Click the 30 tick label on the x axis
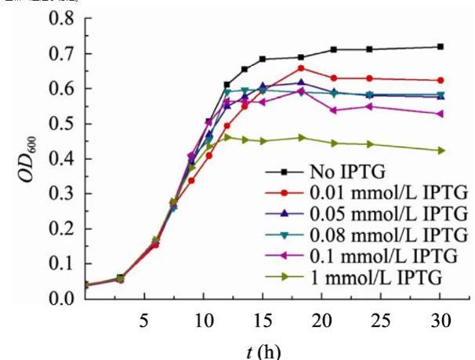(441, 321)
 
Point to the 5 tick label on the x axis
(144, 321)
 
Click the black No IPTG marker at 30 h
(441, 47)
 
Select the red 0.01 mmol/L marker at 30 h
(441, 81)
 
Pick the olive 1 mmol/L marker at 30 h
(441, 151)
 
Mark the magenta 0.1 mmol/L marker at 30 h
(441, 114)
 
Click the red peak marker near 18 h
(301, 68)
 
